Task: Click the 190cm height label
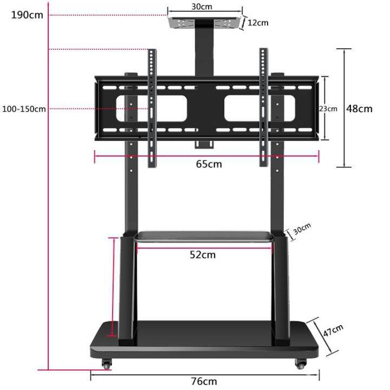coord(27,15)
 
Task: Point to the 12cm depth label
coord(258,23)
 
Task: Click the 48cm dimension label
coord(359,108)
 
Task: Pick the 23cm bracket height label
coord(328,108)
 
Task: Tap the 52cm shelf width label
coord(203,255)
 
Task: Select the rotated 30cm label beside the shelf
coord(302,230)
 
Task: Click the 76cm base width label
coord(204,381)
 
